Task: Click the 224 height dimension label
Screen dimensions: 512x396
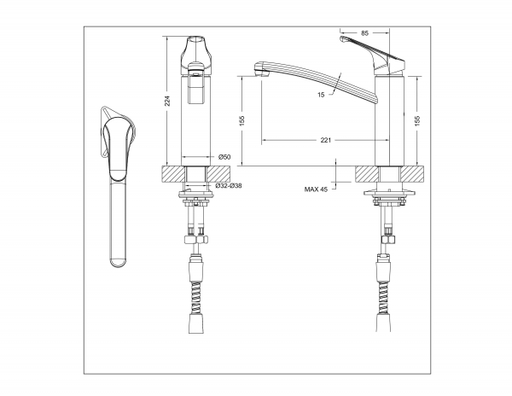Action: (167, 101)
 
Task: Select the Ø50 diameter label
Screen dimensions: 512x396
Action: (224, 157)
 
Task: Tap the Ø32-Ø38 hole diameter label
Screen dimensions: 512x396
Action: (229, 186)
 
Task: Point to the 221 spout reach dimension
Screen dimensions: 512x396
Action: (326, 140)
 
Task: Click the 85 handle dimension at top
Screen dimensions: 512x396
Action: (364, 32)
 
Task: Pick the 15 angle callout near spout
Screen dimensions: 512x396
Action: (321, 95)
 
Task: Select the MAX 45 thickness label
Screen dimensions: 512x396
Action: (316, 189)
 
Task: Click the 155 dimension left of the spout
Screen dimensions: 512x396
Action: (241, 120)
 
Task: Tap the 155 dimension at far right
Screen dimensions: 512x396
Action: (417, 120)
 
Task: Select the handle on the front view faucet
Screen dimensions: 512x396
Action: (196, 56)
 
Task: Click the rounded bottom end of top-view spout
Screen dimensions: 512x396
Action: (118, 262)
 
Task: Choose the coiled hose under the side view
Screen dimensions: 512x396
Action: (383, 297)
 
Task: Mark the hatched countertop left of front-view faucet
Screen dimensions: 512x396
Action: (173, 174)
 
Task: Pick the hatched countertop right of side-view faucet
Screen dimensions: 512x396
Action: (413, 174)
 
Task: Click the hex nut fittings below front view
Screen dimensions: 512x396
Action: (196, 241)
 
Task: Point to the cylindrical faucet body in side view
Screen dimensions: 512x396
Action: (389, 121)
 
